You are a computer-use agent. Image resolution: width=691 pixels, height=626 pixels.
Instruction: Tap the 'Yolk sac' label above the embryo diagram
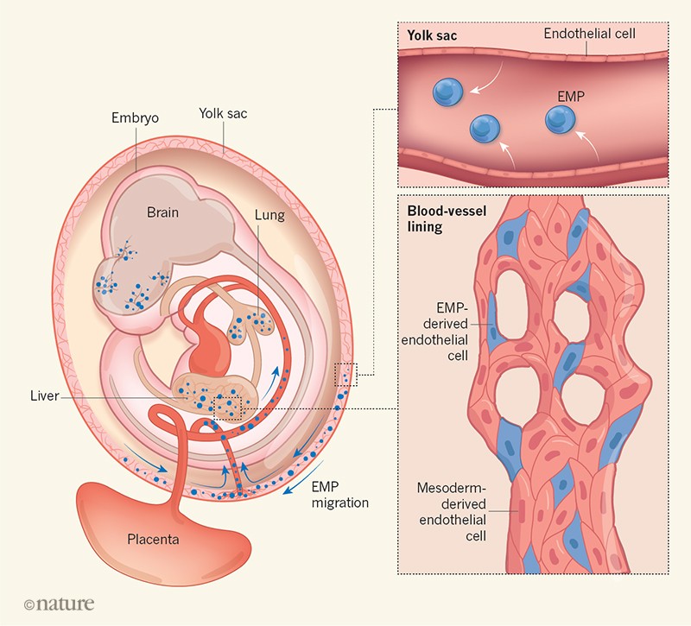click(223, 112)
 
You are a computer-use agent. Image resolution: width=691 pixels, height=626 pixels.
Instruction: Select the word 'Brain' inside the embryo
click(162, 212)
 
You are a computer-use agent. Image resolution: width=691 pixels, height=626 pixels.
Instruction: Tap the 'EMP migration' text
click(338, 495)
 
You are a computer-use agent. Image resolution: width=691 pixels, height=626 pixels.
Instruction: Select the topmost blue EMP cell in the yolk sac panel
click(449, 90)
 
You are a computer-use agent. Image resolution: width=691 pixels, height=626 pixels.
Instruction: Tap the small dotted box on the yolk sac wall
click(344, 375)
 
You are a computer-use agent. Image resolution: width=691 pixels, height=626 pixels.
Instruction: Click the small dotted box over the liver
click(228, 403)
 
